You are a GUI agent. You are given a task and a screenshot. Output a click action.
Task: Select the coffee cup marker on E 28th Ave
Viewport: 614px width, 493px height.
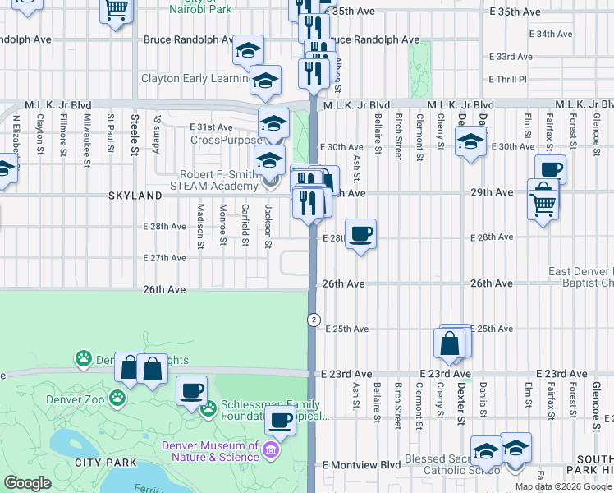(x=360, y=236)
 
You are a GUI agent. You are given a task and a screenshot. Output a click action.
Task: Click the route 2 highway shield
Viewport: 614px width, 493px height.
(x=313, y=319)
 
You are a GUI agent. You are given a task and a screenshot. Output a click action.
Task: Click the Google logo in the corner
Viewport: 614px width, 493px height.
(x=27, y=483)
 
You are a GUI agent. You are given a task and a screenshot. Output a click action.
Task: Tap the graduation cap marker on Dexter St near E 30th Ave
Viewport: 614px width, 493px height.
(x=470, y=142)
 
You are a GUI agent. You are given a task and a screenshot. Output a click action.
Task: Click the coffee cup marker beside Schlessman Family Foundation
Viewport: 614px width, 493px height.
(x=192, y=391)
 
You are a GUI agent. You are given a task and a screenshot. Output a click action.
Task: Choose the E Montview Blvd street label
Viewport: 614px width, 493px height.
(x=361, y=464)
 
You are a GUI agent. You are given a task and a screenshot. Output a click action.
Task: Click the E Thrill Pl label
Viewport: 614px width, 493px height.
(x=506, y=80)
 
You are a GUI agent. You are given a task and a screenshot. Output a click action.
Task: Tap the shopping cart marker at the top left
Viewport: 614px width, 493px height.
(x=117, y=10)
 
